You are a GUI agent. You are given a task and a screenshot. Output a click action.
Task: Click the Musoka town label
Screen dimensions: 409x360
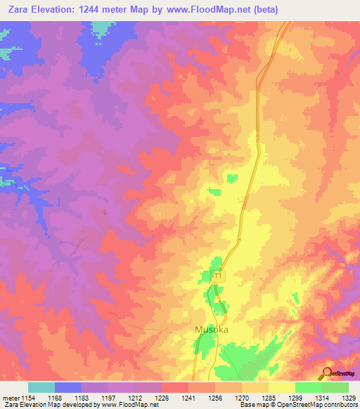pyautogui.click(x=211, y=330)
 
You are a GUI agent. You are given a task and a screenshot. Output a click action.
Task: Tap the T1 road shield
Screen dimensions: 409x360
pyautogui.click(x=218, y=277)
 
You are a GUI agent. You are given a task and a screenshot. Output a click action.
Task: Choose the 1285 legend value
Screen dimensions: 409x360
pyautogui.click(x=268, y=398)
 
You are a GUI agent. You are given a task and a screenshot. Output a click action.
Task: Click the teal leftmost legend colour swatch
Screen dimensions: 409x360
pyautogui.click(x=41, y=387)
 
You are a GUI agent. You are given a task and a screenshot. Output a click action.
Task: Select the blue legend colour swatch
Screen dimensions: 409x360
pyautogui.click(x=68, y=387)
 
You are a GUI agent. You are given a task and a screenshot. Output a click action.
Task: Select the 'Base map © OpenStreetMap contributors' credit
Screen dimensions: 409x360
pyautogui.click(x=298, y=405)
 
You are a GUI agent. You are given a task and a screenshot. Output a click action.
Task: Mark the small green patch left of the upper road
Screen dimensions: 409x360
pyautogui.click(x=214, y=191)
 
